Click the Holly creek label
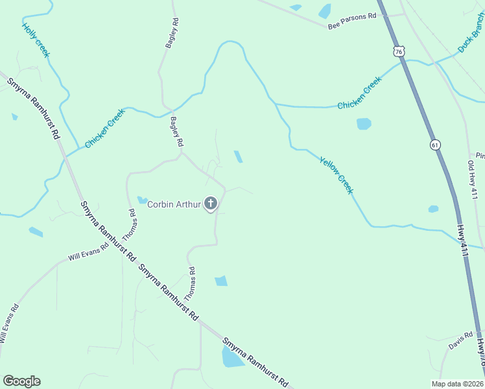coord(36,40)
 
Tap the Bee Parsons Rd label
coord(352,21)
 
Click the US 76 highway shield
coord(399,51)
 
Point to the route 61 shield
coord(434,145)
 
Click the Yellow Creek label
coord(337,174)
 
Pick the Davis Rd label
coord(460,342)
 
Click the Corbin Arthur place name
coord(174,205)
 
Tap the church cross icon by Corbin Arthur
coord(210,204)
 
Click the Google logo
coord(21,381)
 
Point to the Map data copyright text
coord(458,383)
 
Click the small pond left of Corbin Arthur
coord(142,200)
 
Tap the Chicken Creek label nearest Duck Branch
coord(359,93)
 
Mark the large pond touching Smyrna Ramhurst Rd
coord(232,357)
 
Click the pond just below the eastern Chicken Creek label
coord(364,123)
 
